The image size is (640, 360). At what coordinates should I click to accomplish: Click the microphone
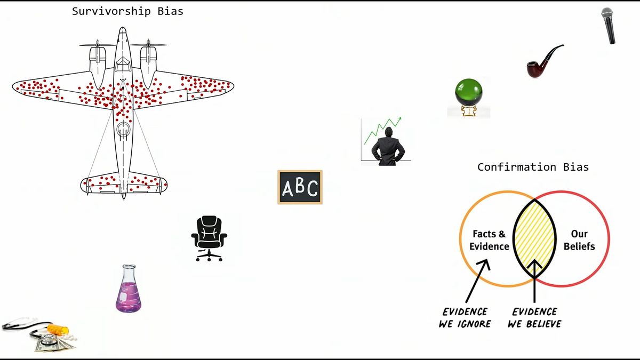coord(609,25)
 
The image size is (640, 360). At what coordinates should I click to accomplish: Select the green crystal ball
coord(468,93)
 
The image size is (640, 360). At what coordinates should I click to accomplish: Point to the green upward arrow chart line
coord(382,130)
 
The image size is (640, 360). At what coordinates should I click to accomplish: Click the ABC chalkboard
coord(300,187)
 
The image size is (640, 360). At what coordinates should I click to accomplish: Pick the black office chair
coord(209,238)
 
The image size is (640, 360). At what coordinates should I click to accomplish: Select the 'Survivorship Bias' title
coord(127,11)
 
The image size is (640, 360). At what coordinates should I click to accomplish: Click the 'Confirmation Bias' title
coord(533,167)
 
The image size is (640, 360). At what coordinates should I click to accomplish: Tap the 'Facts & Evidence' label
coord(489,240)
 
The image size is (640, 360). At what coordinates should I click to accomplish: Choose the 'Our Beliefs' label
coord(579,240)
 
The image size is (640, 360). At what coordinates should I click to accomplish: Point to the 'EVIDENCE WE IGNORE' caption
coord(465,317)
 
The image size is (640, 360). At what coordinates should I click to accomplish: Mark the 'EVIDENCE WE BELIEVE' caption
coord(534,317)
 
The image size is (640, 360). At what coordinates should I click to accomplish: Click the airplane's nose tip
coord(123,29)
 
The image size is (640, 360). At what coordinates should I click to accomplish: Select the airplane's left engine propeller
coord(97,44)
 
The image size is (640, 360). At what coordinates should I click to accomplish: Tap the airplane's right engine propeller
coord(148,44)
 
